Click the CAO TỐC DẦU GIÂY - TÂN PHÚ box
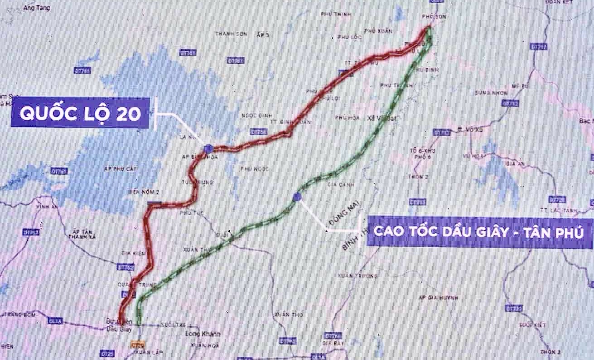(x=479, y=231)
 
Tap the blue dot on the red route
(x=208, y=148)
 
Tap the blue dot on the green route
(x=296, y=197)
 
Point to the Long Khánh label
(x=203, y=334)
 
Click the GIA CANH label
(x=338, y=185)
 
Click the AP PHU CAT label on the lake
(x=124, y=169)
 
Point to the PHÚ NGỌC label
(x=255, y=169)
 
